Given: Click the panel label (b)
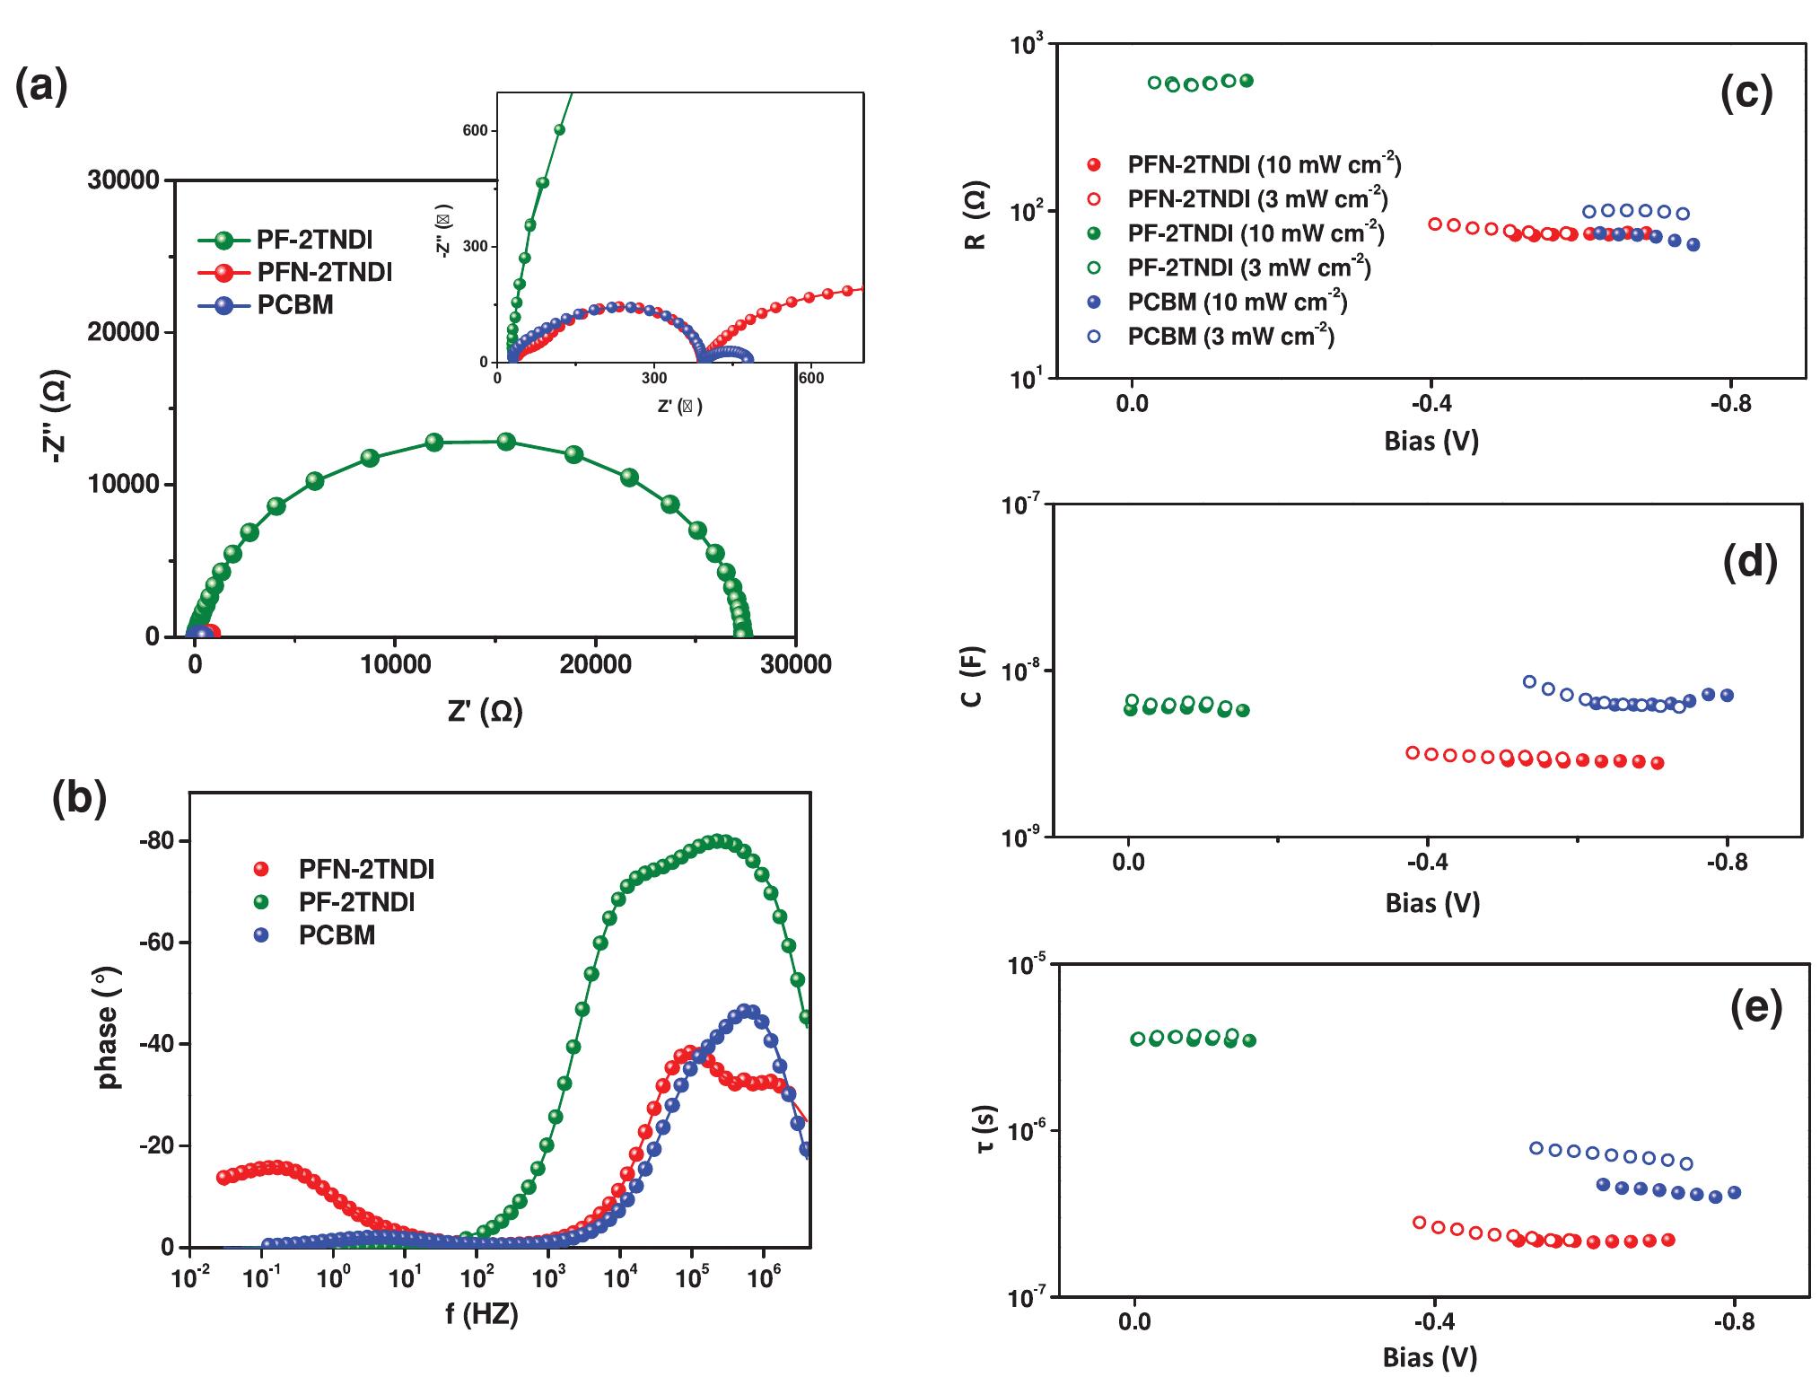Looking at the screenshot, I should [80, 797].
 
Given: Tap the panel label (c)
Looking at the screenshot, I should [1746, 93].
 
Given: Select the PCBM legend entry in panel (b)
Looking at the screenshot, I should [336, 935].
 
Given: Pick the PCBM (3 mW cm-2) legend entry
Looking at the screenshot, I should [1230, 337].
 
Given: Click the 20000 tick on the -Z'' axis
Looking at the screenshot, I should [123, 333].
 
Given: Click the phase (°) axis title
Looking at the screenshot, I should [109, 1034].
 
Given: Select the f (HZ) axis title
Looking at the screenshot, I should [481, 1316].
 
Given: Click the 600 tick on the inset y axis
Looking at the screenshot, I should [475, 131].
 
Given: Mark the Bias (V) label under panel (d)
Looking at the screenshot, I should [1431, 902].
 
